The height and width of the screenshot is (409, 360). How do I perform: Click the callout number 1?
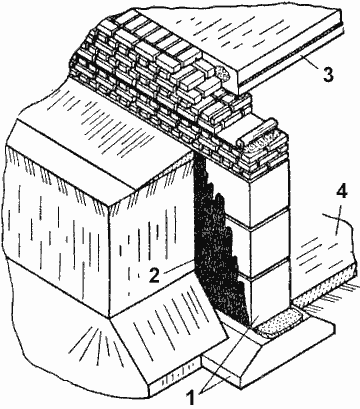191,398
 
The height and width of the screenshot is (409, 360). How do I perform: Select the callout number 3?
328,75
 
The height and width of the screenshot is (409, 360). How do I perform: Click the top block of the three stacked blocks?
268,192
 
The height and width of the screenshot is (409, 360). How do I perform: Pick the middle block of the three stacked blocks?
269,241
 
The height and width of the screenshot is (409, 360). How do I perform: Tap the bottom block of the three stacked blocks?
270,291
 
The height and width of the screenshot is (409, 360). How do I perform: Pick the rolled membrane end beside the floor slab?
223,73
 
